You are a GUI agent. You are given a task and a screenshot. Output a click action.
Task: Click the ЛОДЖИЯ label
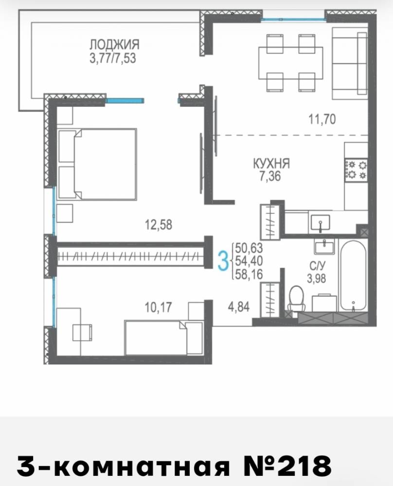point(114,45)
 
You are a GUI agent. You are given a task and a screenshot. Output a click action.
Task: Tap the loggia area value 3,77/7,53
point(113,58)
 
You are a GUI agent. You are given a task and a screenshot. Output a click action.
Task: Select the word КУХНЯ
point(271,164)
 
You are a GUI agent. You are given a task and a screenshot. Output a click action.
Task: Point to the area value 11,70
point(322,119)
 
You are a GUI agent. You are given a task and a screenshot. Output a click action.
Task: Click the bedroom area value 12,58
point(159,225)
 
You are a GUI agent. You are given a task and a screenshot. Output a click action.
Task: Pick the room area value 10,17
point(158,308)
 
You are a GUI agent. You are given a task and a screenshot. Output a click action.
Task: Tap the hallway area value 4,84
point(238,307)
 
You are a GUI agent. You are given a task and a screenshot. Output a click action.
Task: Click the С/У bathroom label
point(317,266)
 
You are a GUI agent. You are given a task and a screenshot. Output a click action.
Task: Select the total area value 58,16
point(249,274)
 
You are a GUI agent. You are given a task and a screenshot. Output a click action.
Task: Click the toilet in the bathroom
point(297,298)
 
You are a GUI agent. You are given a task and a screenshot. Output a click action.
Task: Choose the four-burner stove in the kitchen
point(356,170)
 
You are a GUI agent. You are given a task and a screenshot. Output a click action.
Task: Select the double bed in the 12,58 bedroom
point(97,164)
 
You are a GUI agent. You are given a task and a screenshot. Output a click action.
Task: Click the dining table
point(291,63)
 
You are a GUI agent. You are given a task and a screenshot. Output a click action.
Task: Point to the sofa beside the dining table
point(350,64)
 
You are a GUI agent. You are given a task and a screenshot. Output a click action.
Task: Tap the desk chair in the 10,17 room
point(82,332)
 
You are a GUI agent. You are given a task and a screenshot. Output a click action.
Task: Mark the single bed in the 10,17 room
point(163,338)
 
